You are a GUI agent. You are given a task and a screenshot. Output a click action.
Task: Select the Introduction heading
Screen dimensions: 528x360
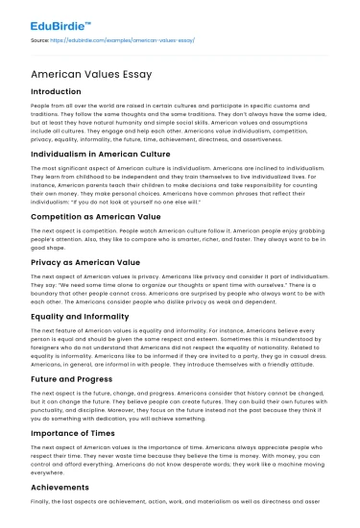point(57,91)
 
